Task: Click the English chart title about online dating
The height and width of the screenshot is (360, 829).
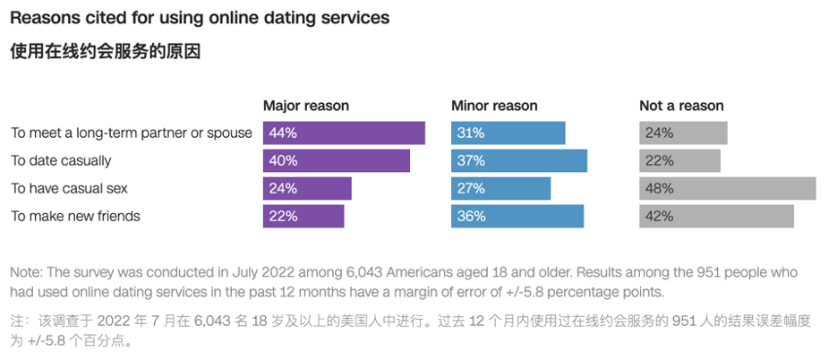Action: point(200,18)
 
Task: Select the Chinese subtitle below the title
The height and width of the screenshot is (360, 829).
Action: point(105,52)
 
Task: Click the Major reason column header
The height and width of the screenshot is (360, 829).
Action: point(305,106)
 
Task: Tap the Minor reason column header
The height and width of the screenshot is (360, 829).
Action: point(494,106)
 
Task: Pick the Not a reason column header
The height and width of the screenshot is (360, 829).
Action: point(681,106)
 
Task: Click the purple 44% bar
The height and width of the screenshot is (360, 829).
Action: point(344,133)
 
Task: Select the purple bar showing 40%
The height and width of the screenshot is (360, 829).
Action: point(336,160)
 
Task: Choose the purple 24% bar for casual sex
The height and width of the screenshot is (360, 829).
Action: point(307,188)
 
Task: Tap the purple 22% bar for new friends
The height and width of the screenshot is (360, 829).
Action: point(303,216)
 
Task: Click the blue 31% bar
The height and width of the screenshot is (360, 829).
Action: point(508,133)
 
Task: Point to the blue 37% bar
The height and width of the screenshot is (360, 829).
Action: point(518,160)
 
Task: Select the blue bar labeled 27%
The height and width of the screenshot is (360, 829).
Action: point(500,188)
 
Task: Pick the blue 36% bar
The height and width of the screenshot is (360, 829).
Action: point(517,216)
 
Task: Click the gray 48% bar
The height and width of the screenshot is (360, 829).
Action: point(727,188)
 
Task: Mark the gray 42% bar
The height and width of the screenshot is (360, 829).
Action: point(716,216)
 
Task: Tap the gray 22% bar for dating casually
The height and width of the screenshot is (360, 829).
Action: point(679,160)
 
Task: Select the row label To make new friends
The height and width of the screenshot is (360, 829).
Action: point(75,216)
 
